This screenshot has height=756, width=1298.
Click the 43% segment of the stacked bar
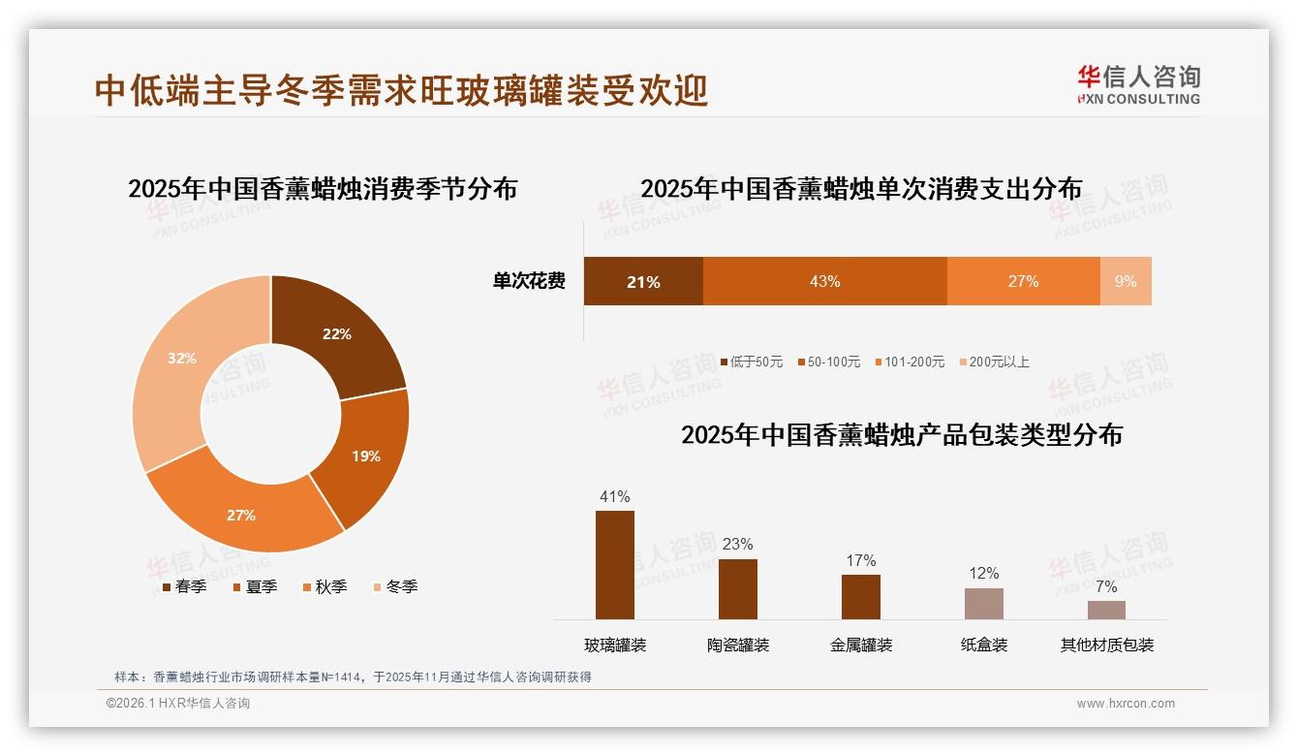pyautogui.click(x=824, y=281)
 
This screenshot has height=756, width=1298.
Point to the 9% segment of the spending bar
pyautogui.click(x=1126, y=281)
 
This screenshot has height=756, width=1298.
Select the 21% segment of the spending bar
pyautogui.click(x=643, y=281)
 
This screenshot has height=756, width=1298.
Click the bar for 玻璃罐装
pyautogui.click(x=615, y=565)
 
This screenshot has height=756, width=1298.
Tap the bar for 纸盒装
pyautogui.click(x=983, y=603)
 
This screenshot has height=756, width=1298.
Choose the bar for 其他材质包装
pyautogui.click(x=1106, y=610)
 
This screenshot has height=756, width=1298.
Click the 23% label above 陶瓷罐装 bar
pyautogui.click(x=737, y=544)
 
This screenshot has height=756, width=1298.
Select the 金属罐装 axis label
pyautogui.click(x=861, y=645)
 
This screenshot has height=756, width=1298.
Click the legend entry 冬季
pyautogui.click(x=401, y=586)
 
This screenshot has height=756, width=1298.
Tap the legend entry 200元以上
pyautogui.click(x=999, y=362)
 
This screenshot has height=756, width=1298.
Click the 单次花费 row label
pyautogui.click(x=529, y=281)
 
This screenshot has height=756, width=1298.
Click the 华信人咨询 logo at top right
pyautogui.click(x=1138, y=84)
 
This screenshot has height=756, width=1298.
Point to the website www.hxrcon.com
pyautogui.click(x=1126, y=704)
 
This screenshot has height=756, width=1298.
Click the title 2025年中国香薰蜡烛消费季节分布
pyautogui.click(x=323, y=188)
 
